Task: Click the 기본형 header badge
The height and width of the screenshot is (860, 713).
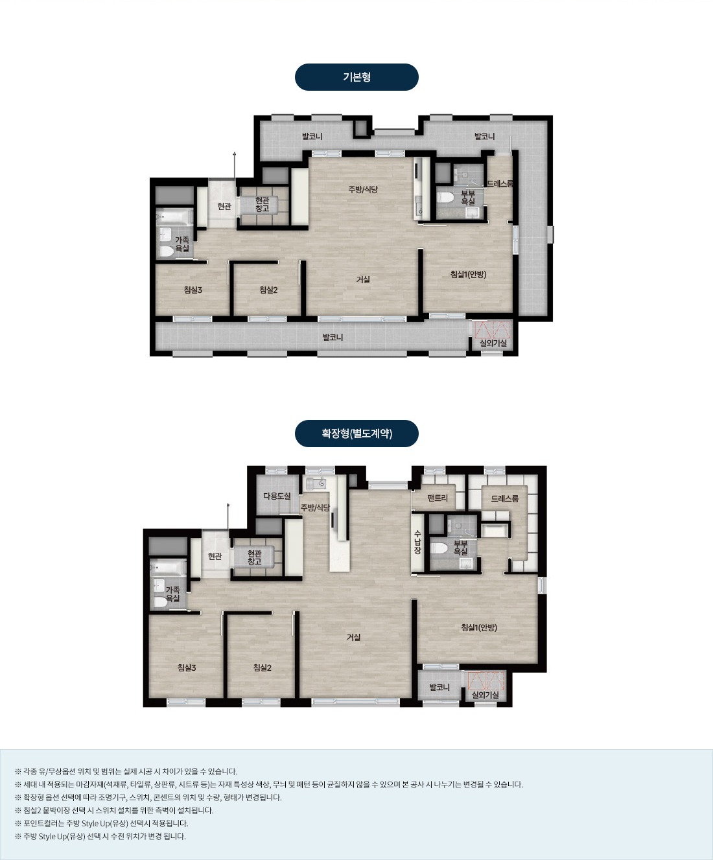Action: click(356, 77)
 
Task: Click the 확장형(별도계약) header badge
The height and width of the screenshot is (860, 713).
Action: click(356, 434)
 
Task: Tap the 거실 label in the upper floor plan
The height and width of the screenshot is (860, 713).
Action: click(363, 280)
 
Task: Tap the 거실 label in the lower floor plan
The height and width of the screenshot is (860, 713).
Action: click(353, 637)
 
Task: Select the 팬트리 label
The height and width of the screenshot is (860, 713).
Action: click(437, 498)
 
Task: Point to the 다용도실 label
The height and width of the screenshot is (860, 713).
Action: click(277, 496)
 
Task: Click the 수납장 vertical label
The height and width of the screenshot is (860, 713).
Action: click(417, 542)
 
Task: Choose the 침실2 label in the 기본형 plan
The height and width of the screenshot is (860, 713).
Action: click(268, 290)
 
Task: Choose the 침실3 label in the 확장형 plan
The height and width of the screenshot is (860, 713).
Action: click(187, 668)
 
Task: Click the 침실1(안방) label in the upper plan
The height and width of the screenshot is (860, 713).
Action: click(469, 274)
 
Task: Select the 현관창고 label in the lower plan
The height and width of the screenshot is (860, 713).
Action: click(255, 557)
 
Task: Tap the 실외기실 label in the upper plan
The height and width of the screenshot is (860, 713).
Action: click(493, 343)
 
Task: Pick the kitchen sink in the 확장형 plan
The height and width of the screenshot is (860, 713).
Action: click(316, 482)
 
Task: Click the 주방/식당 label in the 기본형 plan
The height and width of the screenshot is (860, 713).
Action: click(363, 189)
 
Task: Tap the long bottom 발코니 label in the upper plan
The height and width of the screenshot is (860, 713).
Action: click(333, 338)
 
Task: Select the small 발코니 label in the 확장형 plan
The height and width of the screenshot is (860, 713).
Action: click(439, 687)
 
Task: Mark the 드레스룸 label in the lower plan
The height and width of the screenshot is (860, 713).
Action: click(504, 499)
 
